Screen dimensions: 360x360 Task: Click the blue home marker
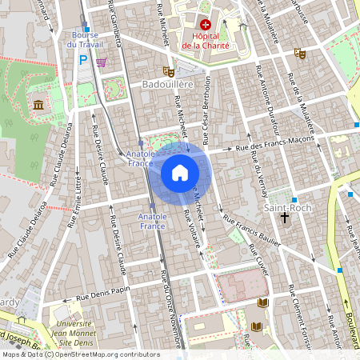[x=180, y=173]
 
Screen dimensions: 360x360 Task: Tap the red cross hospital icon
[x=206, y=26]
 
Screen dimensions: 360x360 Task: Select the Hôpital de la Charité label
[x=206, y=42]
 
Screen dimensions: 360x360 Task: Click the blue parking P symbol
[x=82, y=59]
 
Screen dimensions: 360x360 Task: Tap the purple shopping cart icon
[x=101, y=62]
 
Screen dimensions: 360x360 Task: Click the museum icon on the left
[x=39, y=105]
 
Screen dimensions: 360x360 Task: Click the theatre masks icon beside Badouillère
[x=168, y=70]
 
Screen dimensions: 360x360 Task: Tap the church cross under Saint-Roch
[x=284, y=218]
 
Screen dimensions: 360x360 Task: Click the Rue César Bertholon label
[x=206, y=110]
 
